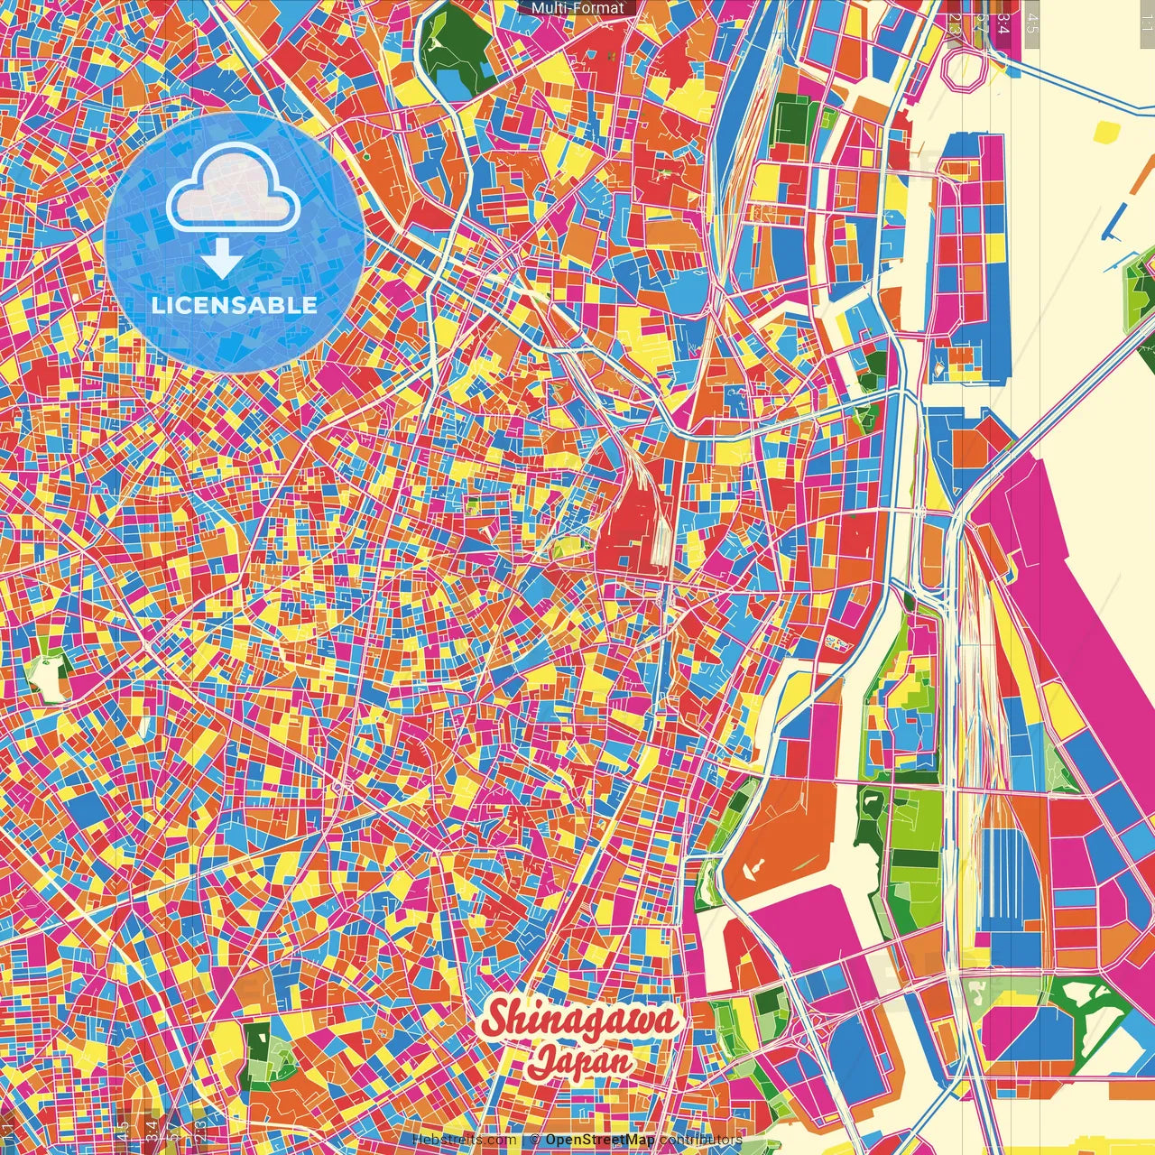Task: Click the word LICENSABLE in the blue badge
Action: click(235, 305)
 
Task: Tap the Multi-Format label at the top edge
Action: click(577, 8)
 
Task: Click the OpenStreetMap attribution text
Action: click(599, 1140)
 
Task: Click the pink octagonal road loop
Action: click(966, 68)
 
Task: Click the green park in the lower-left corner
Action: click(259, 1051)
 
